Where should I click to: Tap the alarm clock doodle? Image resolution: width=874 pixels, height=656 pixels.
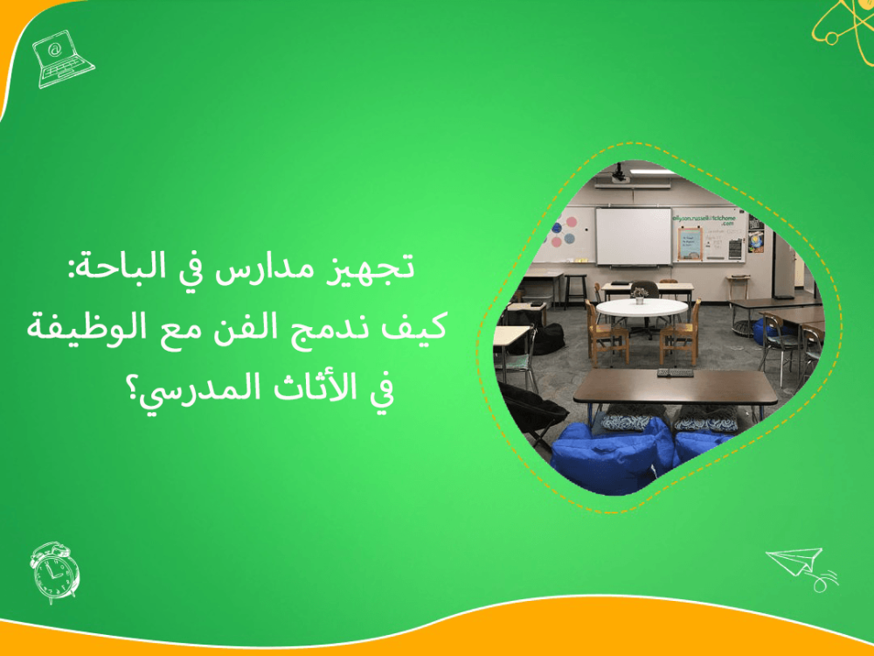click(54, 572)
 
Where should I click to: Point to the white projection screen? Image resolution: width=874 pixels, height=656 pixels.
click(633, 234)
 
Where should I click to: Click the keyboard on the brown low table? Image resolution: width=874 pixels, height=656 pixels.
click(675, 373)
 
